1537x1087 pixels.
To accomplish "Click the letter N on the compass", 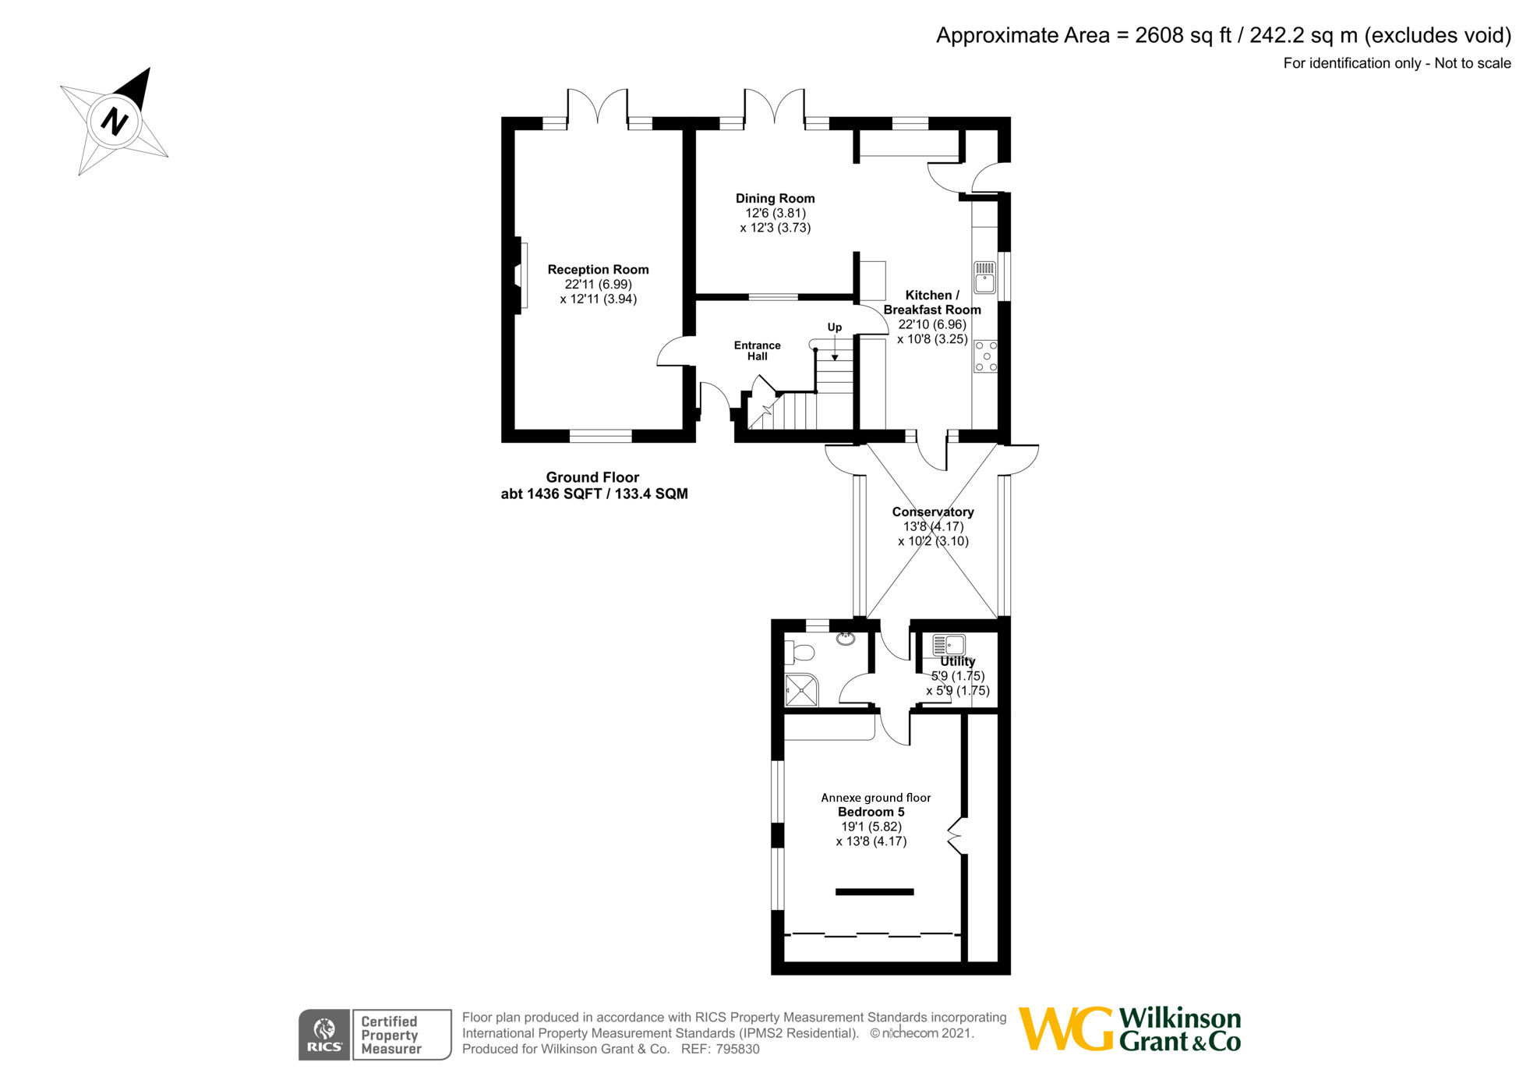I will [115, 122].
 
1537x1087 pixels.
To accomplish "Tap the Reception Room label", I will [598, 270].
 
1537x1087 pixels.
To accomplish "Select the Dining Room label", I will [775, 199].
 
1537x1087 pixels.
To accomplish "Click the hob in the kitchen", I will [985, 356].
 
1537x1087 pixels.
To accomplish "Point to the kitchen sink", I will [984, 278].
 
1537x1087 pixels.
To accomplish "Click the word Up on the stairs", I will [834, 328].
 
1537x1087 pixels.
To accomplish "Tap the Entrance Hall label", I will [757, 351].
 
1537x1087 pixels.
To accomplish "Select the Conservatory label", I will [933, 512].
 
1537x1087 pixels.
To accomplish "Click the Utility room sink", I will [949, 645].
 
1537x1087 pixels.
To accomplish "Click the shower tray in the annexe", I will [801, 690].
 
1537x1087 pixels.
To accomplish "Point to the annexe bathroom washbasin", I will [845, 639].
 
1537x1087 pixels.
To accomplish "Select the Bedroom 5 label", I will [871, 812].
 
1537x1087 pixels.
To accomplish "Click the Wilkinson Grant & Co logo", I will [1129, 1029].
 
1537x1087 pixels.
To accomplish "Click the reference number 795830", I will [737, 1050].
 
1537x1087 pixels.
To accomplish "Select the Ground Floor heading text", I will [592, 477].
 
